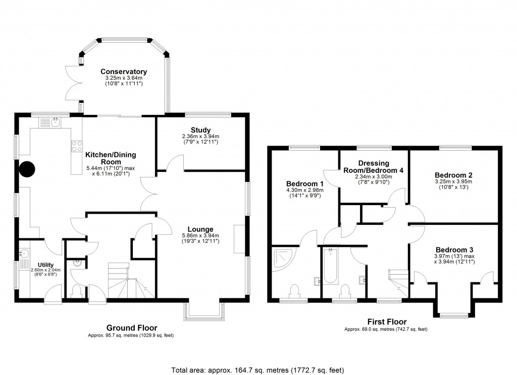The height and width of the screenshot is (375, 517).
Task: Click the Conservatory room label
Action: (123, 72)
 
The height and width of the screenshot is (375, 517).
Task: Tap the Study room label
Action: (200, 130)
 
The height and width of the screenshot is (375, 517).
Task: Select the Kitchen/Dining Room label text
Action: (110, 155)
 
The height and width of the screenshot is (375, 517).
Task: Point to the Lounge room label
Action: (201, 229)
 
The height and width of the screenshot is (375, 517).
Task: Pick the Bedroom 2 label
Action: (453, 175)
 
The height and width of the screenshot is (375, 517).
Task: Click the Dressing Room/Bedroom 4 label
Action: (374, 167)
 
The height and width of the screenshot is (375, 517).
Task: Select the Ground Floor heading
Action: (131, 327)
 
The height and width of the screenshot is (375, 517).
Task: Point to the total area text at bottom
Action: (258, 369)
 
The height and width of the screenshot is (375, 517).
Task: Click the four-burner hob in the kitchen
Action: (77, 146)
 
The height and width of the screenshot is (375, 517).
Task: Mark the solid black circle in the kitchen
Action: (27, 169)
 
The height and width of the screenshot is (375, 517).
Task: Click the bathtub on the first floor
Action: (331, 266)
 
